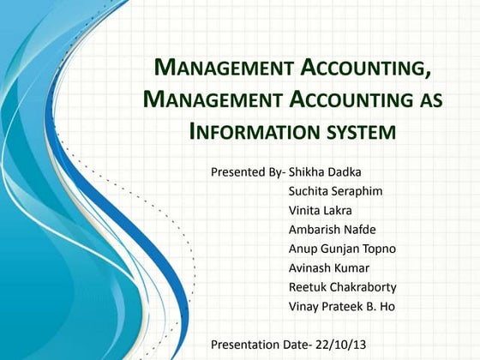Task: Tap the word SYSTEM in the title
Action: tap(358, 133)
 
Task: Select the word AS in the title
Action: tap(428, 100)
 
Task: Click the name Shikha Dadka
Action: tap(326, 171)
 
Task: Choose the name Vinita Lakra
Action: tap(320, 210)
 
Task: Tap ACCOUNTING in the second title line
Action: tap(350, 100)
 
